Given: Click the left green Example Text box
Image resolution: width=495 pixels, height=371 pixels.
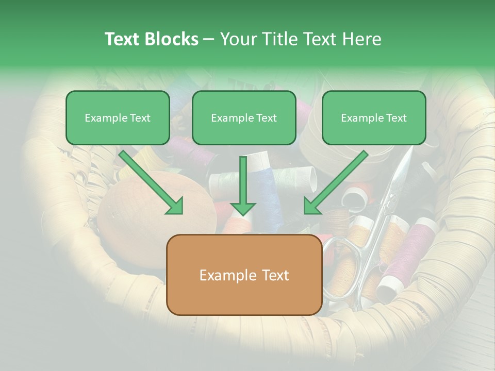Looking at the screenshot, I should (x=118, y=118).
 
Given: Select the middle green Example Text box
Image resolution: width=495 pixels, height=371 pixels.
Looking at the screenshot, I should (x=244, y=118).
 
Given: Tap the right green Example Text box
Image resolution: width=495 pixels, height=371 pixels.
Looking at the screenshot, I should (x=374, y=118).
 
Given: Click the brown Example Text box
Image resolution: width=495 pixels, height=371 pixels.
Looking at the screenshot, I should (x=244, y=275).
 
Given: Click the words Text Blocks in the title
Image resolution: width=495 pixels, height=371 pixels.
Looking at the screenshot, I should (x=151, y=39).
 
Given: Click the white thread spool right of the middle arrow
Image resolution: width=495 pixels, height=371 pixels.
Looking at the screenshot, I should (x=299, y=178).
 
